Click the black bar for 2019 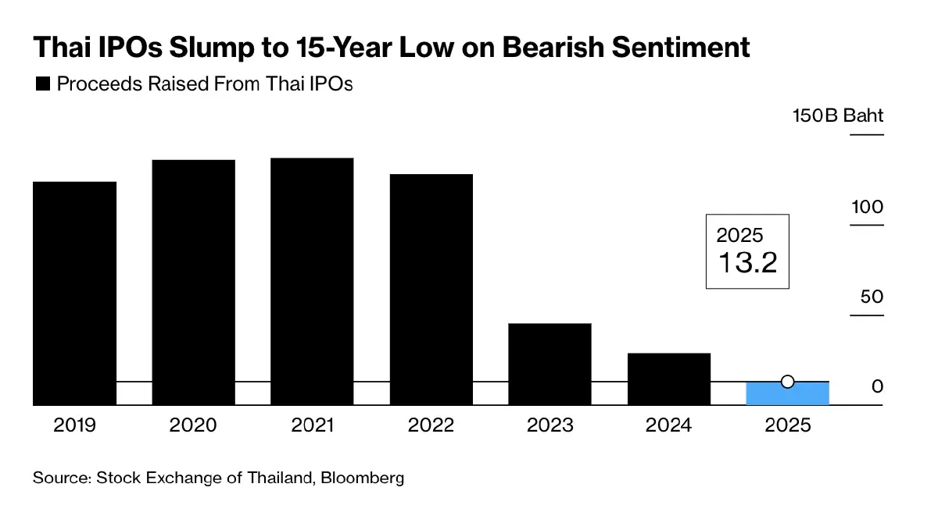74,293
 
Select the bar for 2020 193,282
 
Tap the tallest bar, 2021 312,281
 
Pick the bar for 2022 431,289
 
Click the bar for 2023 550,364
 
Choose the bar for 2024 669,379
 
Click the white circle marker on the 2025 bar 788,382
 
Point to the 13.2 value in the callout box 747,263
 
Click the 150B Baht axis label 837,116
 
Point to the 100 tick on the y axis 867,207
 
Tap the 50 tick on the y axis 872,297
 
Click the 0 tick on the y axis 877,387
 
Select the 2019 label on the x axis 74,425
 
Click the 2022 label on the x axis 431,425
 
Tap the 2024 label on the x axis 669,425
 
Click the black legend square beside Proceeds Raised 43,84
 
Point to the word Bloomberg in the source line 365,478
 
